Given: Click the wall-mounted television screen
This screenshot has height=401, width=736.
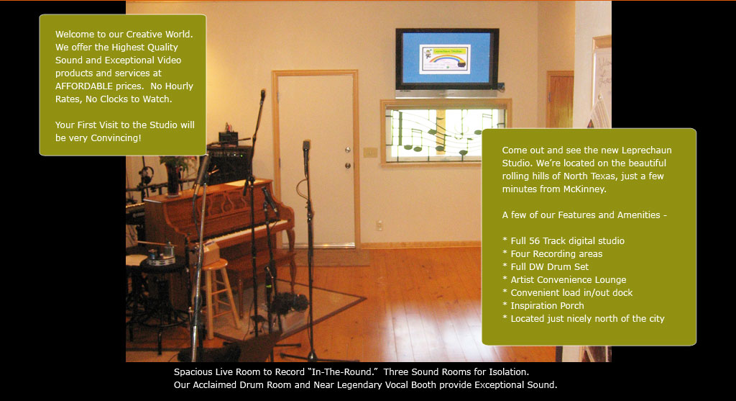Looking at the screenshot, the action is tap(447, 59).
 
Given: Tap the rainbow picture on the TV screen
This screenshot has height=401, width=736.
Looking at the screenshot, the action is tap(444, 59).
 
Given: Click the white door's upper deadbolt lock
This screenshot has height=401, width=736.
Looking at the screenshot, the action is tap(347, 150).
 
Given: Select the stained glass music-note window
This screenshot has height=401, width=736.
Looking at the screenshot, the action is tap(445, 133).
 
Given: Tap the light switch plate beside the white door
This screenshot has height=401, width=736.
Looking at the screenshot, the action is tap(370, 153).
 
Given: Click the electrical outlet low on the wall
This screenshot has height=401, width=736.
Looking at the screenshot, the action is tap(379, 225).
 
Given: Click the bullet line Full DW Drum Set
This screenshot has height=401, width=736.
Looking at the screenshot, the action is tap(546, 266).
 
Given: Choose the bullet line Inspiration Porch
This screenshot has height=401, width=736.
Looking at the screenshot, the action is tap(543, 305).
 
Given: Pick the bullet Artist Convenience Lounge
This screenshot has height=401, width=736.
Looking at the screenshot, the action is tap(564, 280).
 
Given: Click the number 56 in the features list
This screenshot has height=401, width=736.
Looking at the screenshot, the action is tap(534, 240).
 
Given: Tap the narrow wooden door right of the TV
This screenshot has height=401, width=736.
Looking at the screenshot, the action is tap(559, 99).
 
